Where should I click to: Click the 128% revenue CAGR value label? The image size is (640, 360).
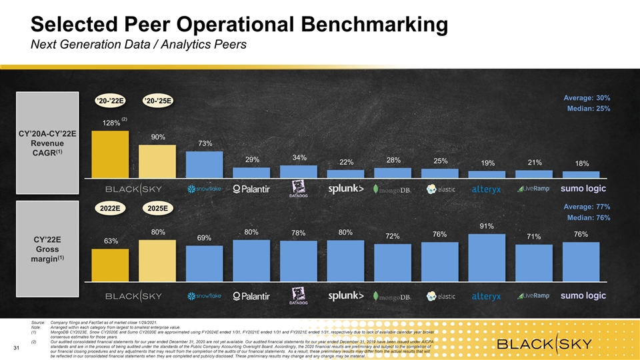tap(111, 123)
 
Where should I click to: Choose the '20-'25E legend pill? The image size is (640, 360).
tap(158, 101)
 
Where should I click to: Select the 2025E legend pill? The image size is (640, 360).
tap(158, 209)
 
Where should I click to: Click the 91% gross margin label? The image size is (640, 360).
tap(487, 227)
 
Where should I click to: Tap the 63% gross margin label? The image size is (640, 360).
tap(111, 241)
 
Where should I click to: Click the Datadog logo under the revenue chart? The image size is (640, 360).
tap(298, 189)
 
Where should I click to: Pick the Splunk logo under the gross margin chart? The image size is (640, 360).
tap(345, 295)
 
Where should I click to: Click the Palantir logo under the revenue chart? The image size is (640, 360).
tap(251, 189)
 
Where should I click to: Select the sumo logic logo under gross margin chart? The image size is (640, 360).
tap(582, 295)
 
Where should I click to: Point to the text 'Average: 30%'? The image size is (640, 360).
tap(586, 99)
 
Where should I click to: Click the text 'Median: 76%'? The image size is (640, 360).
tap(587, 217)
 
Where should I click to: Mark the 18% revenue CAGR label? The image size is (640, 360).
tap(581, 164)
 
